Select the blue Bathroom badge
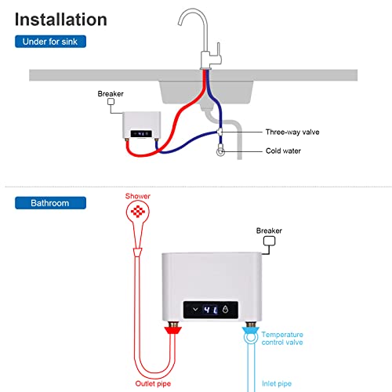49,203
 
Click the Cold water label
283,151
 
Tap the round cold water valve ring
222,152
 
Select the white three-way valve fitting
221,133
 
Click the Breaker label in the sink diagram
111,93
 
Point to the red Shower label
137,196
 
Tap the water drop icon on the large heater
227,309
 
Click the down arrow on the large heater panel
194,309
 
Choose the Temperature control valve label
282,338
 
